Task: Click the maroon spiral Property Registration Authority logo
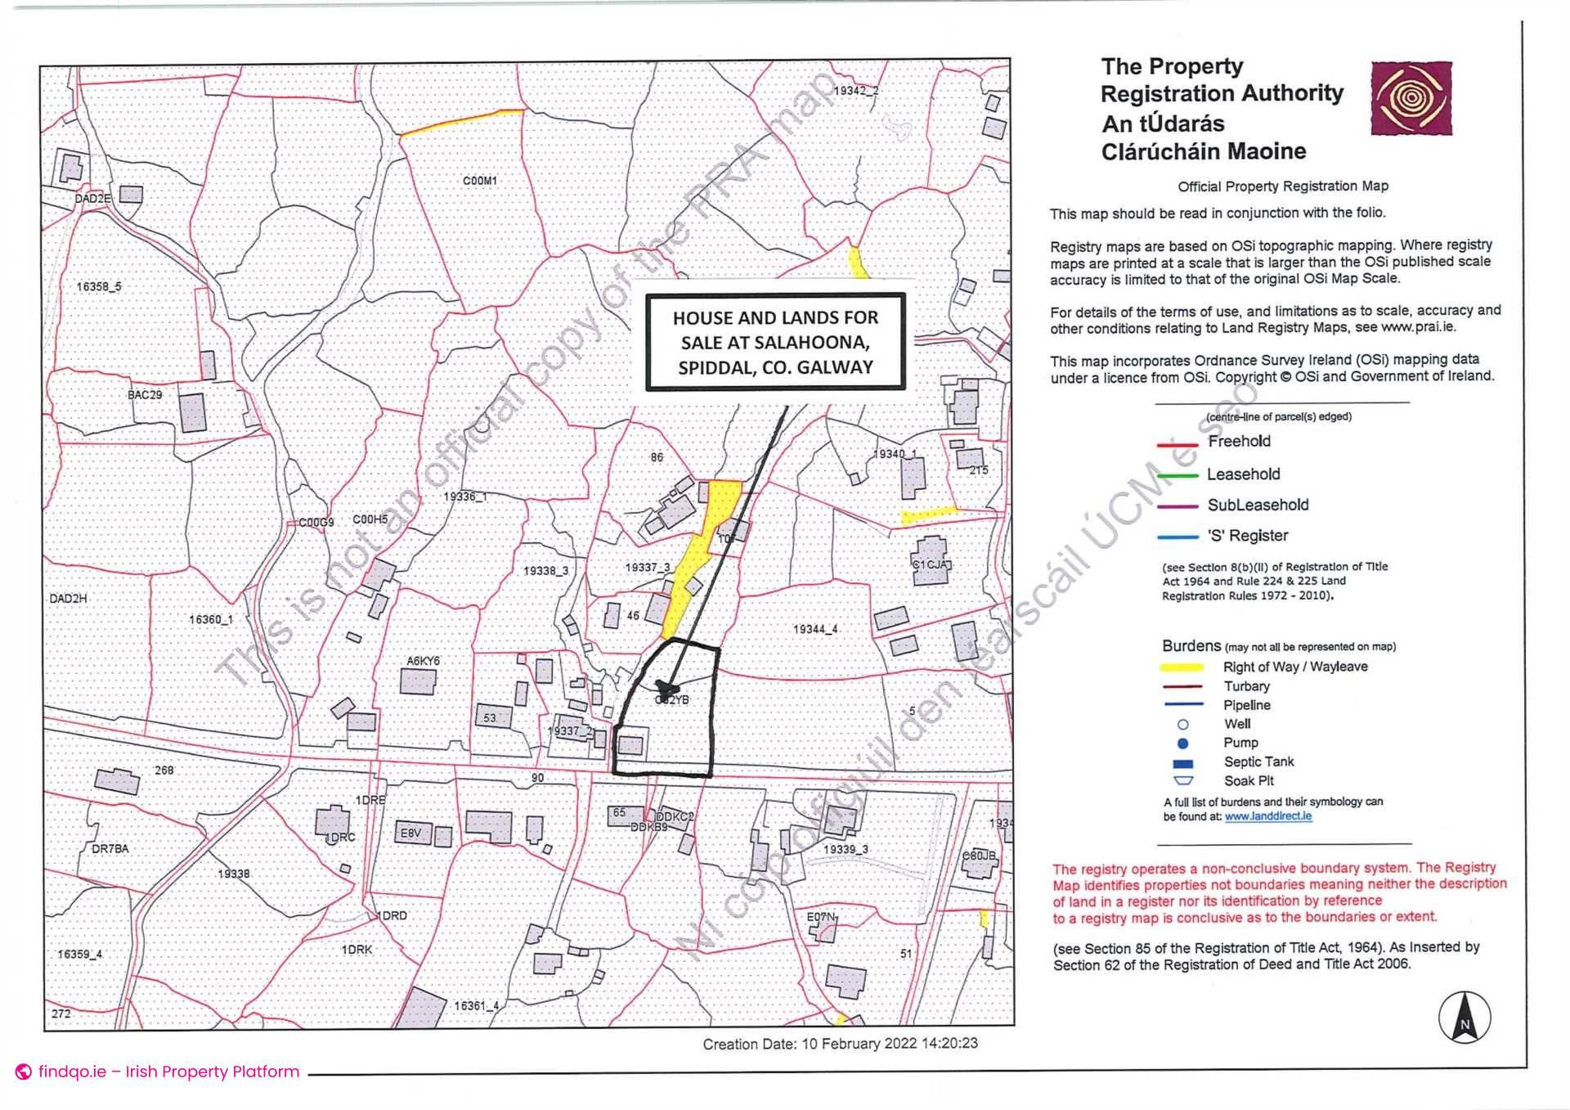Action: tap(1411, 98)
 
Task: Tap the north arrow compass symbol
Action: tap(1465, 1018)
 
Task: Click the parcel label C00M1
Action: tap(480, 181)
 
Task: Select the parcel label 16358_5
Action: tap(99, 287)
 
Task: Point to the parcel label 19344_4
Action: tap(815, 629)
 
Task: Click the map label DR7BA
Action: tap(110, 849)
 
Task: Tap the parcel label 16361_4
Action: tap(477, 1006)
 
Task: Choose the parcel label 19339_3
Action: tap(846, 850)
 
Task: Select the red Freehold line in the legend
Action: tap(1177, 445)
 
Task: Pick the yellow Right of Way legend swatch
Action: tap(1182, 667)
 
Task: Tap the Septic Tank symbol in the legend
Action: tap(1183, 764)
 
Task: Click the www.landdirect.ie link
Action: tap(1268, 816)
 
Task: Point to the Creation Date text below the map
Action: tap(840, 1044)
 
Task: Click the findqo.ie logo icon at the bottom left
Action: tap(24, 1072)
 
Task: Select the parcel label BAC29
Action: tap(145, 395)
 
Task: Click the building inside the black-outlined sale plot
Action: tap(630, 745)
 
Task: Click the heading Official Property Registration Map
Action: tap(1283, 186)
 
